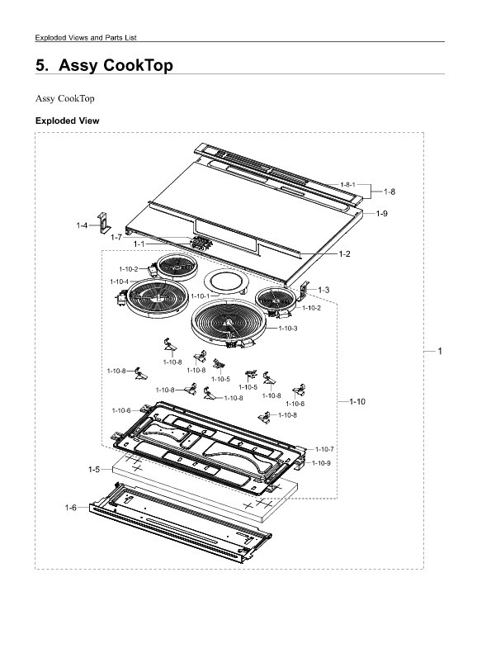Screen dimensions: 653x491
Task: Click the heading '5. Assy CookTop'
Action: (104, 65)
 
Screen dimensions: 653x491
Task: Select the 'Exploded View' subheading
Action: (67, 121)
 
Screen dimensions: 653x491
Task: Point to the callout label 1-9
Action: (382, 214)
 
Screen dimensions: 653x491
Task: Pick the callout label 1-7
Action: (116, 237)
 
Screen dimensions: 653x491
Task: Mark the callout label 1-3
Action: (323, 290)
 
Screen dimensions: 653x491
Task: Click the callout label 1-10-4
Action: (119, 282)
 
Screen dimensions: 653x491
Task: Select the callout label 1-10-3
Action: (288, 329)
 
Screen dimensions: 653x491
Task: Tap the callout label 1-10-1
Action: (200, 296)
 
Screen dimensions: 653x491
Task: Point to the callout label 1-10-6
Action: (121, 410)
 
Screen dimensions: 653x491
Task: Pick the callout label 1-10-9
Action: (321, 462)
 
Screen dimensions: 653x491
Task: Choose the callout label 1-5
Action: (94, 469)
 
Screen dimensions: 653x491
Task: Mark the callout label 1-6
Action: (71, 507)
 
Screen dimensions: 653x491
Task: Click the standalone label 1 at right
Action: (440, 352)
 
